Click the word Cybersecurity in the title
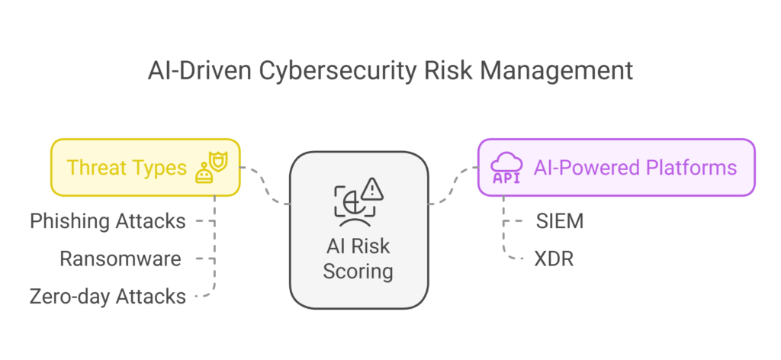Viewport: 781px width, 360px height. coord(337,71)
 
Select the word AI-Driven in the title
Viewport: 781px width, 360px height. coord(200,71)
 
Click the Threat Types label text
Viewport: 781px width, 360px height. coord(127,168)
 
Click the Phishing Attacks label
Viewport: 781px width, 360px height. coord(108,221)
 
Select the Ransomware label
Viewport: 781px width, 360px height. coord(120,259)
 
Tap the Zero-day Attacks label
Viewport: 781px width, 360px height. coord(108,296)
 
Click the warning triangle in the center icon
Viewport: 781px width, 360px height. coord(372,188)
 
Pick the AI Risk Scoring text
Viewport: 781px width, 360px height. coord(358,259)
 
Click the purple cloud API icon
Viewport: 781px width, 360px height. coord(506,168)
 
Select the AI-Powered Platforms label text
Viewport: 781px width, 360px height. coord(635,168)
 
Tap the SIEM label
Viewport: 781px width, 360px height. coord(559,222)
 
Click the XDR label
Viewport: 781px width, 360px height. coord(554,259)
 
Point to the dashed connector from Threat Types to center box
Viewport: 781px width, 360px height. coord(265,185)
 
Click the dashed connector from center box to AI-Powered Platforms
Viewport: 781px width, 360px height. coord(453,185)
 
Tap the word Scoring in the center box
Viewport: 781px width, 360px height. coord(358,272)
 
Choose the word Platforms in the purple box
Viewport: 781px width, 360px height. coord(691,168)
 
